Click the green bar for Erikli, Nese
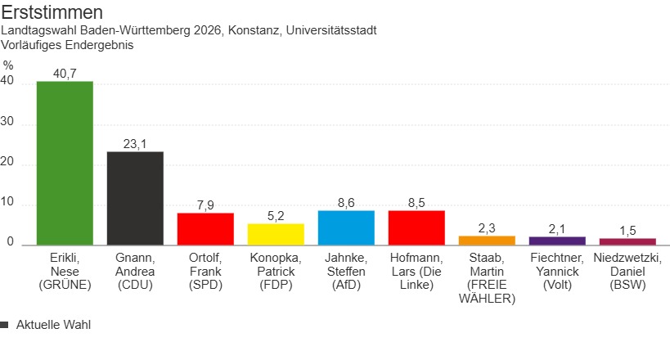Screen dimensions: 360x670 [x=65, y=163]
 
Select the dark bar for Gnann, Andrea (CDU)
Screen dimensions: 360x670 [x=135, y=198]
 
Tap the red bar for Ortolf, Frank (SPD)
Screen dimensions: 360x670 [x=205, y=228]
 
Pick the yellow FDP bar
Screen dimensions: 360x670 [x=276, y=234]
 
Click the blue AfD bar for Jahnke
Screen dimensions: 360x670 [x=346, y=227]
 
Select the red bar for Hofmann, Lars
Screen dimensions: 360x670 [x=416, y=227]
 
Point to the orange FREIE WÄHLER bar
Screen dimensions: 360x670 [x=487, y=240]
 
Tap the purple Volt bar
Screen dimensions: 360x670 [x=557, y=241]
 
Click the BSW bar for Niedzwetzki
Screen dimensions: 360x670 [x=627, y=241]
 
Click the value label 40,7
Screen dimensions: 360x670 [x=65, y=74]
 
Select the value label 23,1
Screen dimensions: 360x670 [x=135, y=144]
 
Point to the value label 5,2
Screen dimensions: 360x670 [x=276, y=216]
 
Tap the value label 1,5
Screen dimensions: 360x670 [x=627, y=231]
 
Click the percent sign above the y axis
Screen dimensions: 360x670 [x=8, y=65]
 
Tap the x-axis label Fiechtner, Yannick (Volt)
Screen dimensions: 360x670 [x=557, y=272]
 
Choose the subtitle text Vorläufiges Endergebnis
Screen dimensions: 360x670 [x=68, y=45]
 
